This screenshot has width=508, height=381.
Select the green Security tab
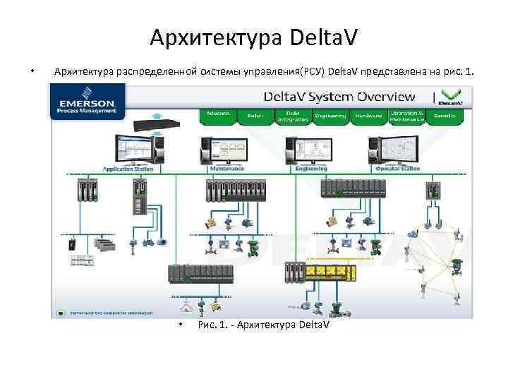click(445, 115)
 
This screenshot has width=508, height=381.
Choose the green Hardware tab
click(368, 116)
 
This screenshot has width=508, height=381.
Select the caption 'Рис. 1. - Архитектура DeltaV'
click(264, 325)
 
